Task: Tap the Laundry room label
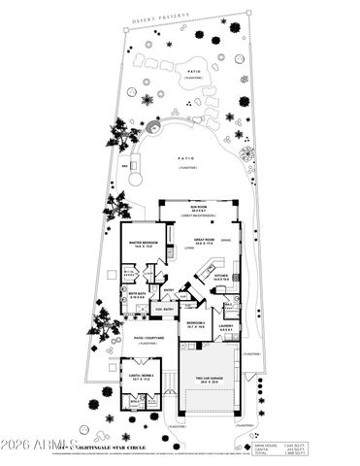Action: (x=225, y=327)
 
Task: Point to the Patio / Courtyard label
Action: (x=147, y=338)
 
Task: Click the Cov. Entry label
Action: (x=163, y=309)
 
